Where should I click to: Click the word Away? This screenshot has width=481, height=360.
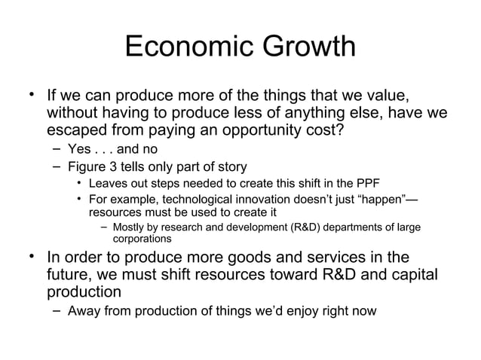84,310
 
